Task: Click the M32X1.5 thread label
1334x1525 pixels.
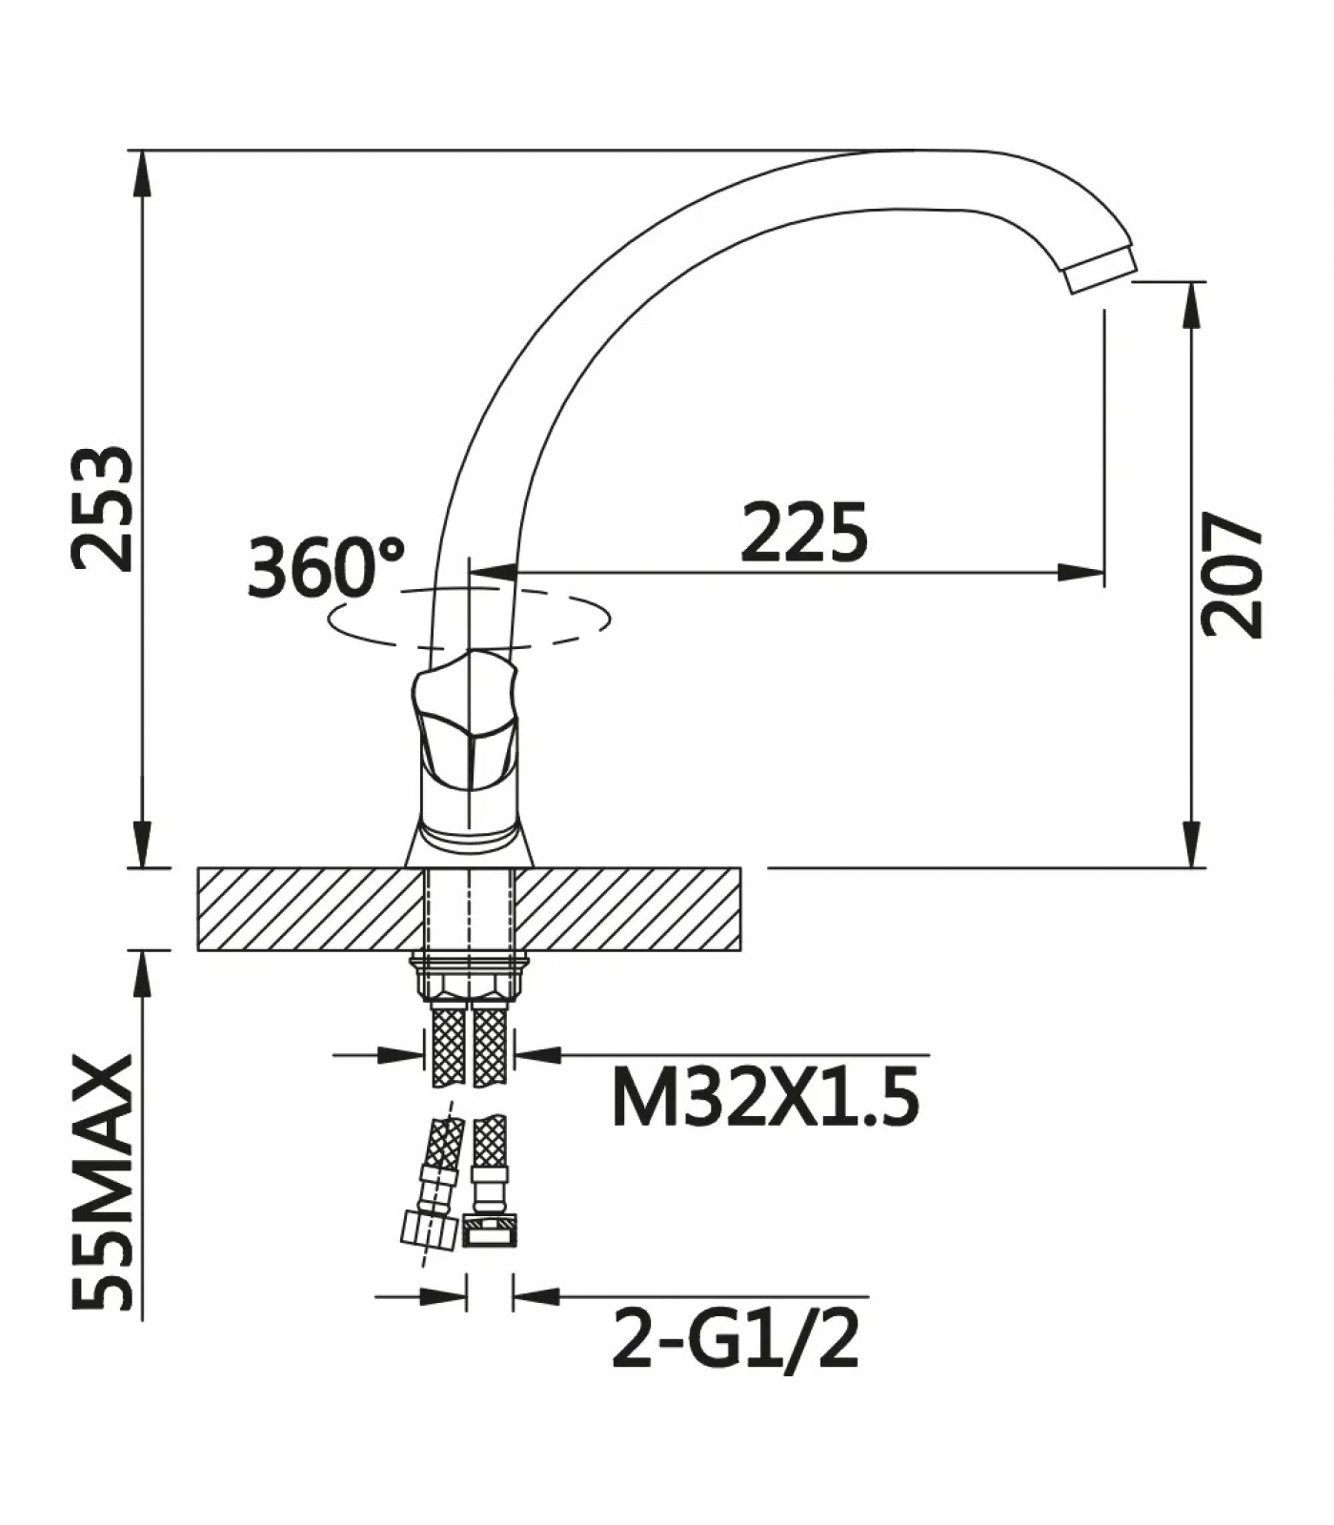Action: click(765, 1096)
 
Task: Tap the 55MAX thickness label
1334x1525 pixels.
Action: click(103, 1181)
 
